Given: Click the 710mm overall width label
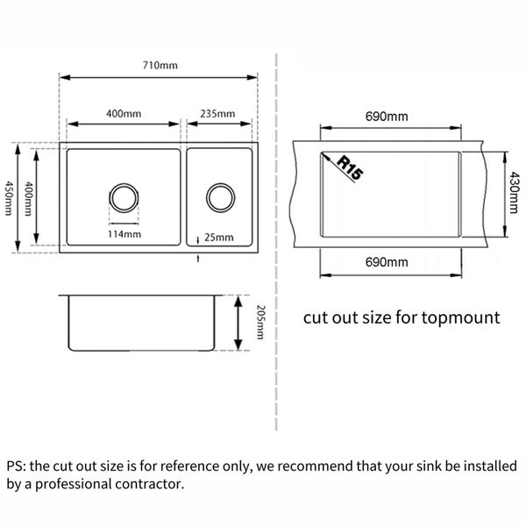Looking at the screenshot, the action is click(160, 65).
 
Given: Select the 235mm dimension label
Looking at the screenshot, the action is click(217, 114).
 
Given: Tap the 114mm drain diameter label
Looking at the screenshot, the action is click(124, 234).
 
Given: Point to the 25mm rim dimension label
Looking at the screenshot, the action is click(218, 238).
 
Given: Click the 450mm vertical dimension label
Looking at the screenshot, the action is click(9, 198).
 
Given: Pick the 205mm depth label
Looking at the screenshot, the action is click(260, 322).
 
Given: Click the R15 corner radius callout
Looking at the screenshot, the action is click(350, 167).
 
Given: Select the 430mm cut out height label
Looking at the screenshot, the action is click(514, 193).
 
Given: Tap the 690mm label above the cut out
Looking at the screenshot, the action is click(387, 117).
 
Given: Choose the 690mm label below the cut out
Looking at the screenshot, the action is click(387, 262).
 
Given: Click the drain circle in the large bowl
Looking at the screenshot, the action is click(124, 197).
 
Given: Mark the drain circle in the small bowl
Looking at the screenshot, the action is click(220, 197).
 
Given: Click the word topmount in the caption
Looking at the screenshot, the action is click(461, 318).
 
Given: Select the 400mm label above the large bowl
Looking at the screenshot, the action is click(124, 114).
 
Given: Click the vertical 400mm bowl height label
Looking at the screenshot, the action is click(29, 199).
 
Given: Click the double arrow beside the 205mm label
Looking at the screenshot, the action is click(238, 323).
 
